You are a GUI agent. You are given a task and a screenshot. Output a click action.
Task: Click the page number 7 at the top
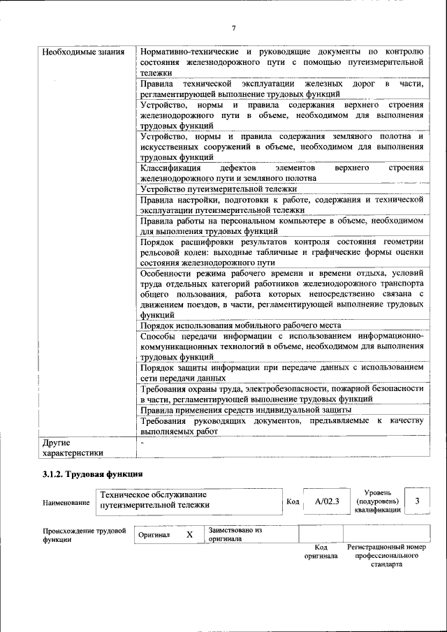[234, 28]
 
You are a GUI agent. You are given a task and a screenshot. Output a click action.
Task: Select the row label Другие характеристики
[73, 448]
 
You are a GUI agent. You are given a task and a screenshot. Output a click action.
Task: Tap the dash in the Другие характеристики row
[142, 443]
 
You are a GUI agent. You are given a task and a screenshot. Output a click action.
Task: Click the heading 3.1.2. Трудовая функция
[93, 474]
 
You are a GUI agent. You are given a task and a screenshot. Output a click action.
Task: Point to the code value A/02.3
[327, 501]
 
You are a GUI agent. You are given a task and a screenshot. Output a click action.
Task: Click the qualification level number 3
[417, 501]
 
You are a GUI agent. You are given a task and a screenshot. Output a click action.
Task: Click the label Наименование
[66, 501]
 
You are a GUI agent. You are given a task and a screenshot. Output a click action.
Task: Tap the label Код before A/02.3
[293, 501]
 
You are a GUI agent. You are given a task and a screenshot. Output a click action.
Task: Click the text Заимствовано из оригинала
[235, 534]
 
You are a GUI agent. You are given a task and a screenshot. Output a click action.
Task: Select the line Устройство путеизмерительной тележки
[219, 189]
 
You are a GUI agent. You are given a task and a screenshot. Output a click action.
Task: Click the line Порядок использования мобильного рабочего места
[240, 325]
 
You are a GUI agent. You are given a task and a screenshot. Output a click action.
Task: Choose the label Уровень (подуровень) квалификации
[377, 501]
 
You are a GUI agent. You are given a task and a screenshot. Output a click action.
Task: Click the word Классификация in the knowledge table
[170, 168]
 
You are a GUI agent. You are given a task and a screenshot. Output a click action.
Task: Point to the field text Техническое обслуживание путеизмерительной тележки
[154, 500]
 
